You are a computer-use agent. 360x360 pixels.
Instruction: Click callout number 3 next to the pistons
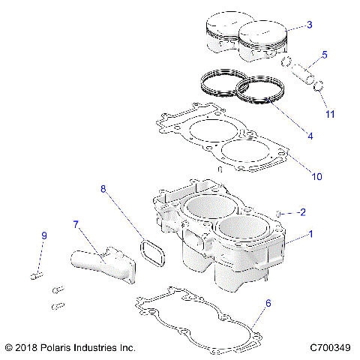[310, 25]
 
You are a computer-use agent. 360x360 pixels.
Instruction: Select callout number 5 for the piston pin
[325, 55]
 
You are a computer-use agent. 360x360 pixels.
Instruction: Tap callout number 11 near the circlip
[330, 114]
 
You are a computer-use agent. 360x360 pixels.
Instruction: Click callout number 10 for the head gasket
[316, 176]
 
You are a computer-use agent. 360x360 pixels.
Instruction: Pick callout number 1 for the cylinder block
[310, 234]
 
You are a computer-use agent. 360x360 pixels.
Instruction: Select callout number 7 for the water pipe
[76, 223]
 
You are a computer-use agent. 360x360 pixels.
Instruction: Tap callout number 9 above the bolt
[43, 236]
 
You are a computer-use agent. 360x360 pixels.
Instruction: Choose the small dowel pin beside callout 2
[279, 214]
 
